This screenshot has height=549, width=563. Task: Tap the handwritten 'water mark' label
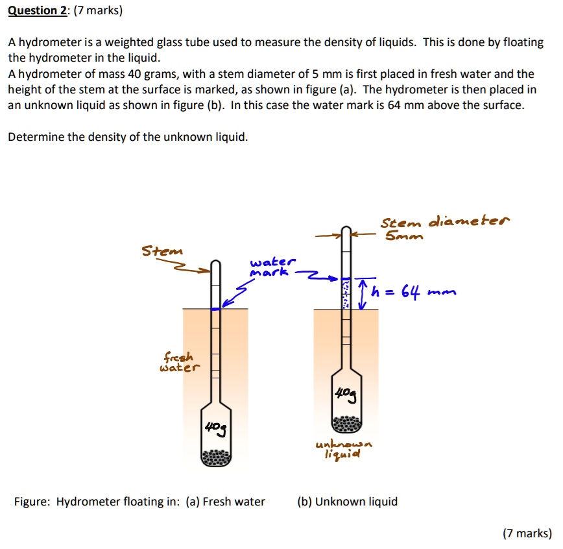(272, 267)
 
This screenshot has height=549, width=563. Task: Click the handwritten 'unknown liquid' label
(343, 448)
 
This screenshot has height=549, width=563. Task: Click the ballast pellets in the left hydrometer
(216, 457)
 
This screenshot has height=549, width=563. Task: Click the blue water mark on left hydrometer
(217, 309)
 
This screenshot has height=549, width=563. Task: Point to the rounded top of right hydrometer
(346, 230)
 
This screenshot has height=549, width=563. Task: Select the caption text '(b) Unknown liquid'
(347, 502)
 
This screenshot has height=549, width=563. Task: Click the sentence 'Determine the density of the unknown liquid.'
(128, 137)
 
